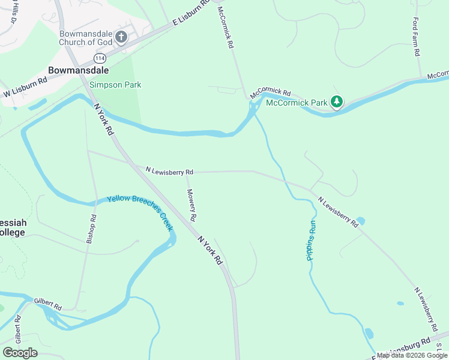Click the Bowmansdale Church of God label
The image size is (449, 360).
point(86,37)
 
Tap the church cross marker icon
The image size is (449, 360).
point(121,37)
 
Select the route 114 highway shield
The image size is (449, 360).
point(100,58)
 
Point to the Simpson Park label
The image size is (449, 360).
point(115,85)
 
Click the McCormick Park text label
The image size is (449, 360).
point(297,103)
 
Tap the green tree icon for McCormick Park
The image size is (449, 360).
point(337,102)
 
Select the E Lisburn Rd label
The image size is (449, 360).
point(190,13)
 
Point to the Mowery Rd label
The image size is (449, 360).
point(191,204)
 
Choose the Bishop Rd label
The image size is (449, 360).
point(91,229)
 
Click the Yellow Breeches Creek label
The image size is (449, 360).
point(140,213)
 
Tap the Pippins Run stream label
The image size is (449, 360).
point(311,240)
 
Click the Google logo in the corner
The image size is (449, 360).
point(20,353)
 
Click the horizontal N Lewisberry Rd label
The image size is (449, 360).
point(169,171)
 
